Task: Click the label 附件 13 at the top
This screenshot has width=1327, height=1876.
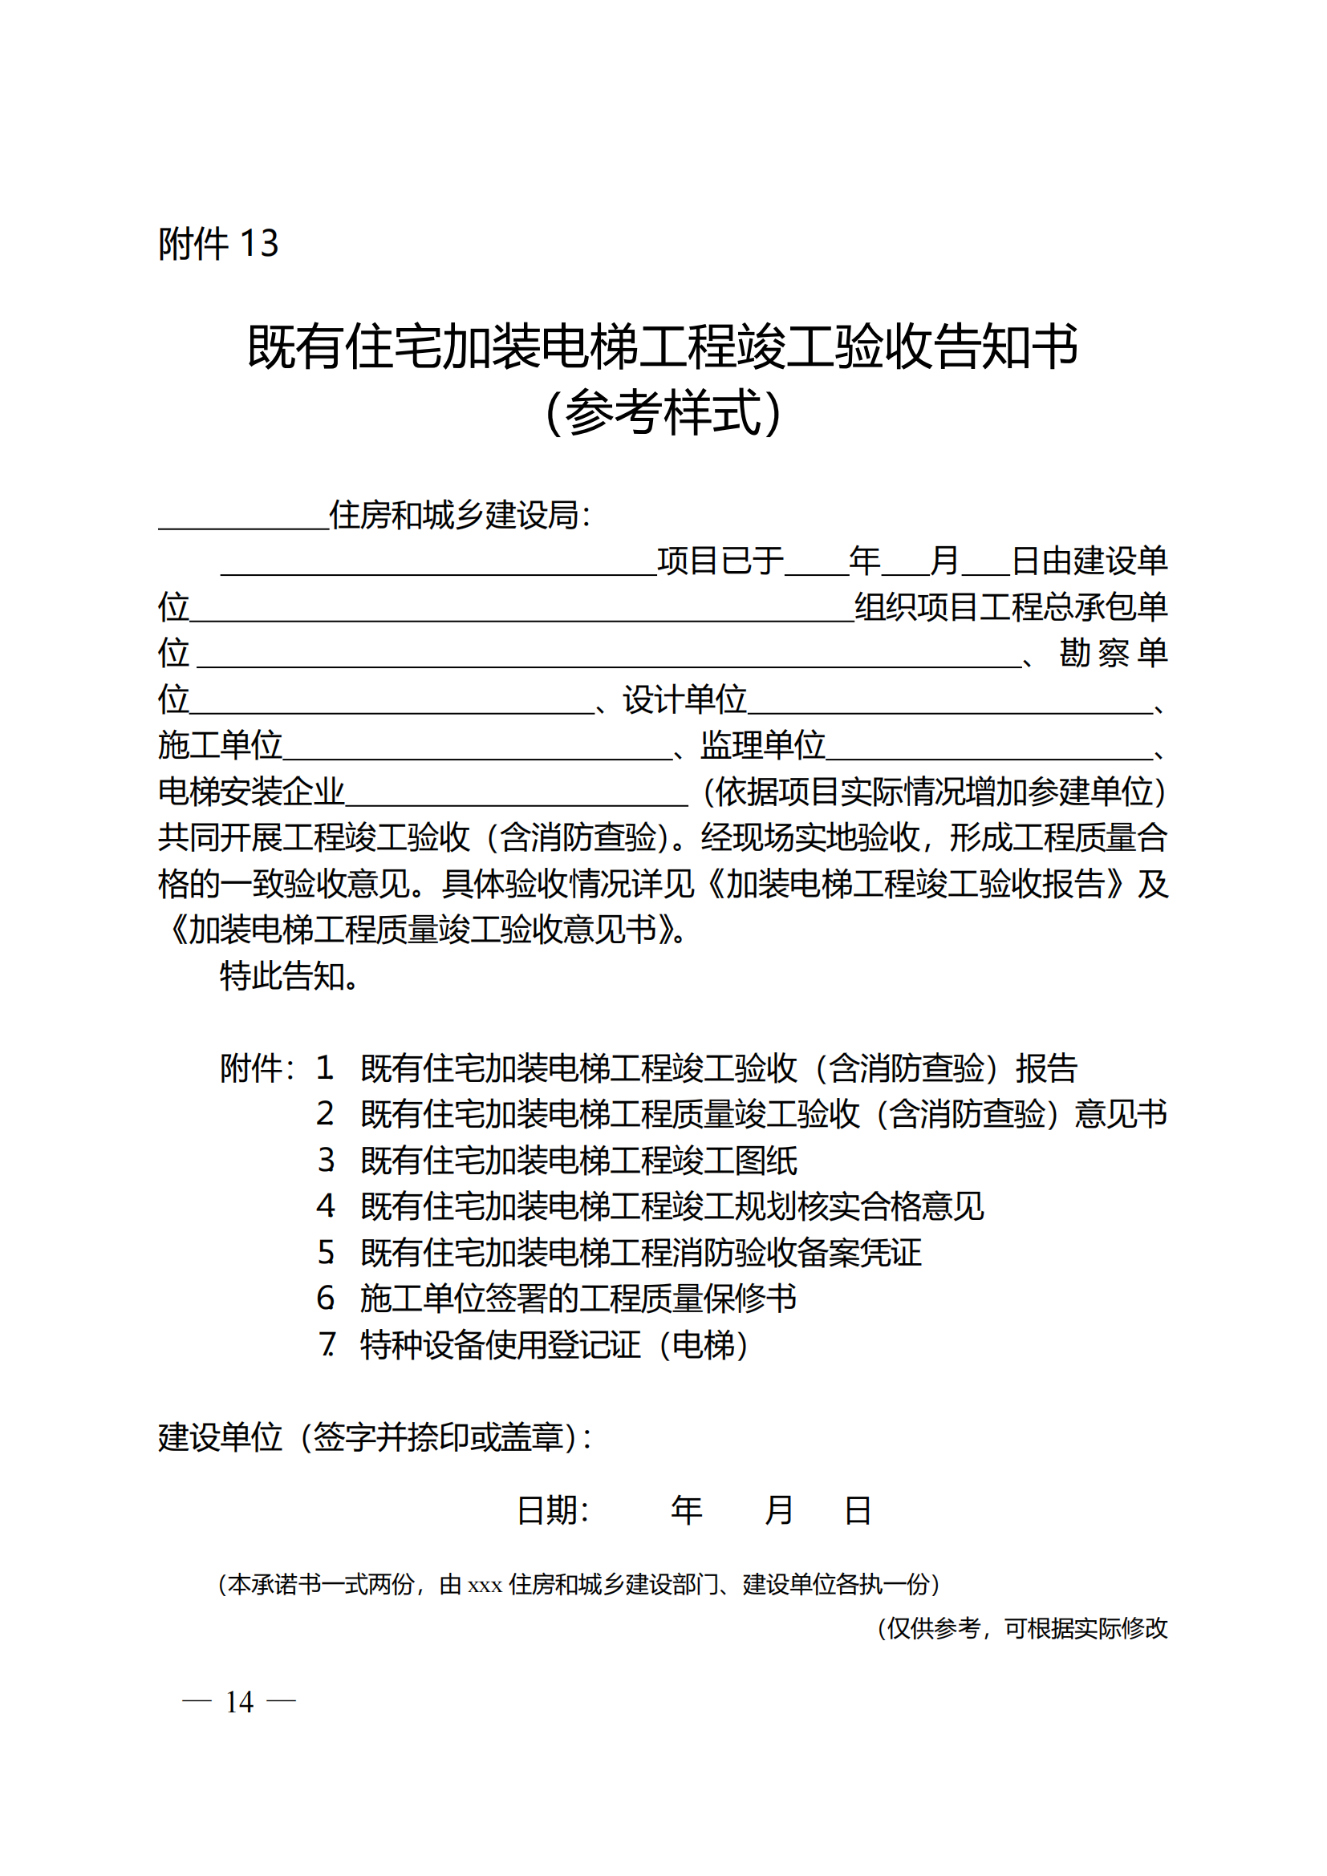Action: tap(218, 244)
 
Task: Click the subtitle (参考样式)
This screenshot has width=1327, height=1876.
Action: tap(663, 411)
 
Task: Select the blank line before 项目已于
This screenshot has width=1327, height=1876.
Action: tap(438, 569)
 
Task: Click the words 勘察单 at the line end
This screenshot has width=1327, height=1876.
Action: tap(1113, 653)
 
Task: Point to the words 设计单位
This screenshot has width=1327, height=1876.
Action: tap(684, 699)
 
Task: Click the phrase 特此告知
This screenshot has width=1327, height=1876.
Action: tap(290, 975)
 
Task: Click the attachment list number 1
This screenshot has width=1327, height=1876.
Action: tap(325, 1068)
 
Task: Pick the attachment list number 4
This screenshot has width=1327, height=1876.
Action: tap(325, 1206)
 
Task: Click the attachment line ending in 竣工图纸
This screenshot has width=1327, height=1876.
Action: tap(578, 1161)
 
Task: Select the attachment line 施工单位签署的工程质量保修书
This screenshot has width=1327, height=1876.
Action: tap(578, 1299)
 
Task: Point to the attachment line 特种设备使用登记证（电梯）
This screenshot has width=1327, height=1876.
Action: tap(554, 1344)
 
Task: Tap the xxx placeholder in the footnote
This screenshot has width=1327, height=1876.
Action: tap(484, 1586)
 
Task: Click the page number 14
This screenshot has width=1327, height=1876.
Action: tap(239, 1702)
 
